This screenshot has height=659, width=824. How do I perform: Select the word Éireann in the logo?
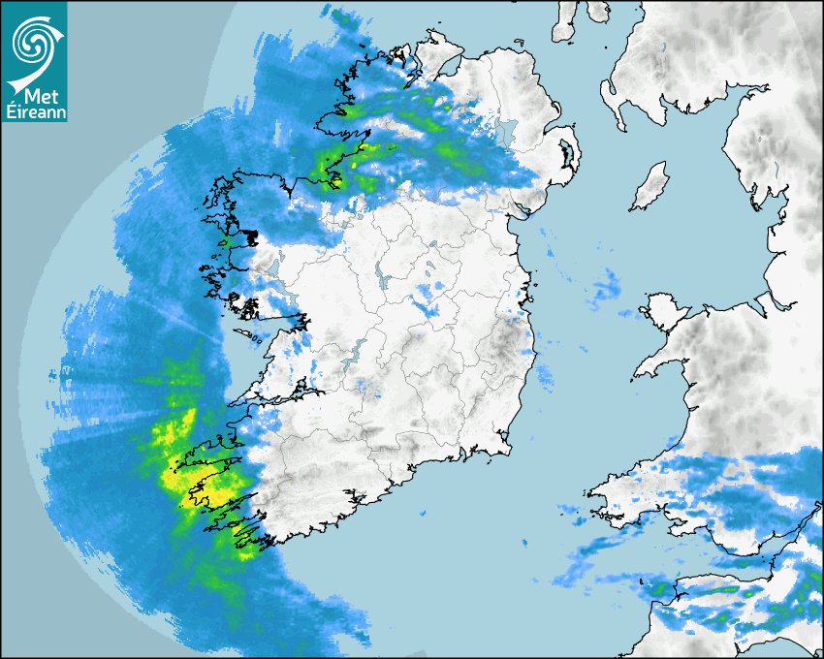(x=34, y=113)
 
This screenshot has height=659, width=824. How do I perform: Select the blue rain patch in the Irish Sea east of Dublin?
(x=607, y=286)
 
